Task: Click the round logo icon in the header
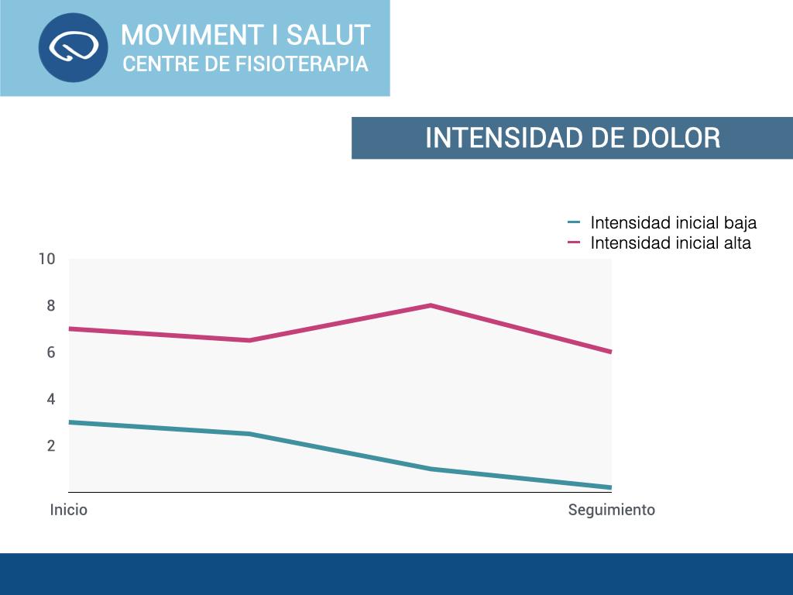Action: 73,47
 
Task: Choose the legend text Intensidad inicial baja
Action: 673,223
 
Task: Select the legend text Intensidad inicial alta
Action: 671,243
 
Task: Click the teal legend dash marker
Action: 574,222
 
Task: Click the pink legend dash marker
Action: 574,242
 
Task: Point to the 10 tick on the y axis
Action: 46,259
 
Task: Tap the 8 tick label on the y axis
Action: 51,306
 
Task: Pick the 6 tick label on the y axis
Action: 51,353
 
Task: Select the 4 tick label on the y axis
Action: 51,399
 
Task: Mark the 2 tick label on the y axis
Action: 51,445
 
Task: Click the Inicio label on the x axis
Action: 69,510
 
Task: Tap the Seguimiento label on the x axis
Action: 612,510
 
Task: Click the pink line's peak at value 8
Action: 431,305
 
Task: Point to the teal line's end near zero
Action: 609,487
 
